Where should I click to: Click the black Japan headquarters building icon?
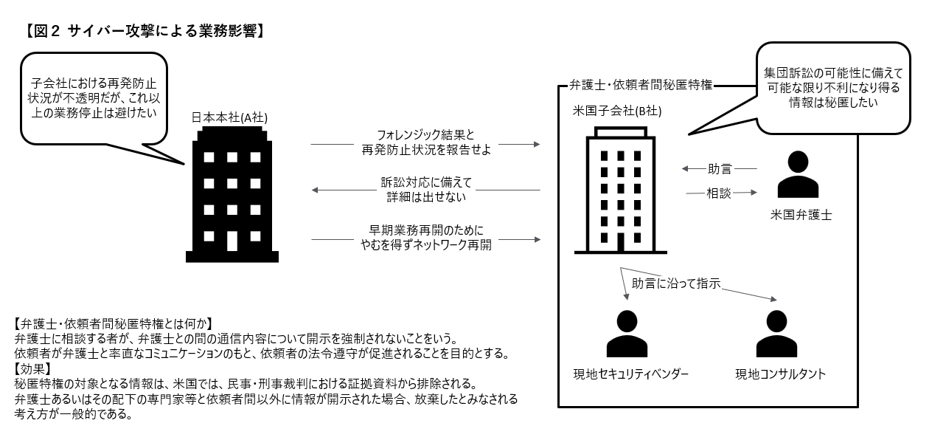coord(232,196)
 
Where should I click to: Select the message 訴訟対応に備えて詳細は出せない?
coord(426,190)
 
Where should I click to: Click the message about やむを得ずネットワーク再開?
coord(426,238)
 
